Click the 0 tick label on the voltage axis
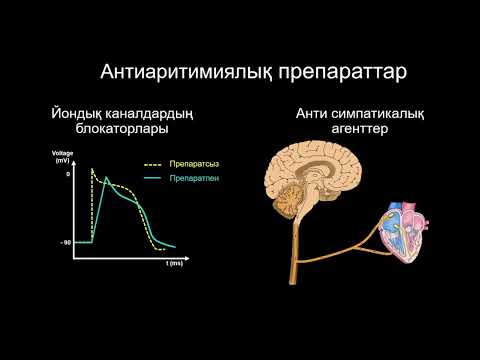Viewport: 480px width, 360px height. tap(69, 174)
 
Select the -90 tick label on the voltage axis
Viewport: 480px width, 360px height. tap(64, 241)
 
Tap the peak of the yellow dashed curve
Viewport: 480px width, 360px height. tap(92, 168)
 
